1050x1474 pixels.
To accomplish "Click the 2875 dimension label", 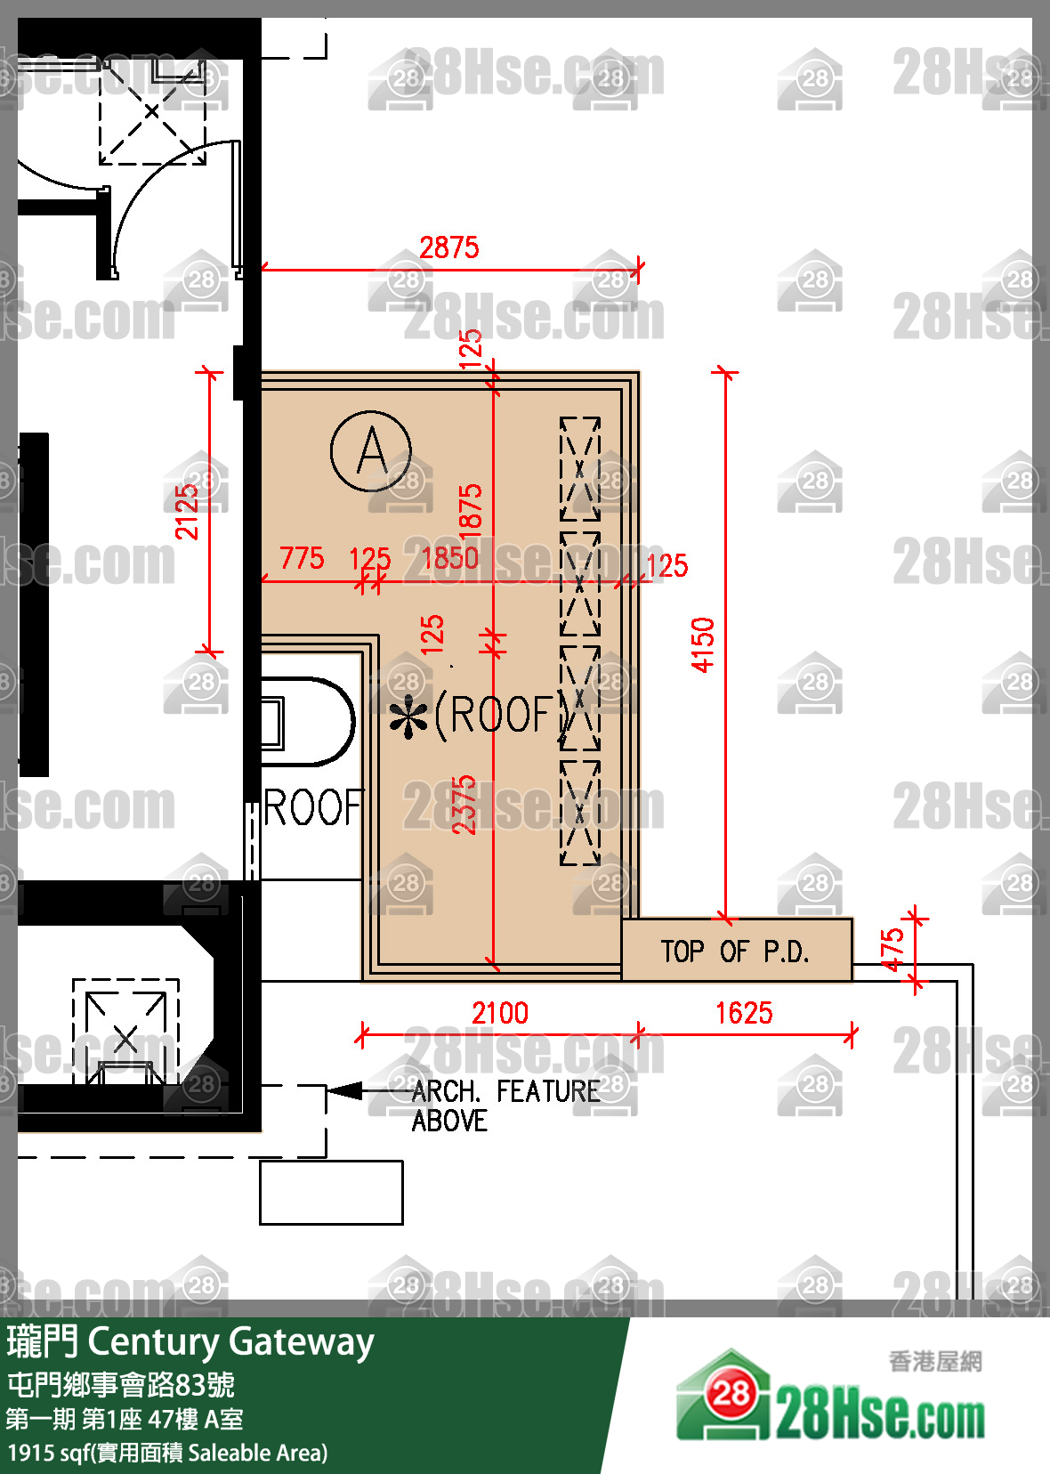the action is click(449, 248).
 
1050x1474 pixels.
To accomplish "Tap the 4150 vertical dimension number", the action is click(703, 644).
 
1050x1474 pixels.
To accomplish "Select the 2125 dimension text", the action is click(186, 512).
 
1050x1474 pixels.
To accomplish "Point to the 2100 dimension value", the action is click(500, 1013).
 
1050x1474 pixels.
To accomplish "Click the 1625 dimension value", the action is click(744, 1013).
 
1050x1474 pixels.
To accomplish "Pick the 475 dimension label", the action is click(892, 951).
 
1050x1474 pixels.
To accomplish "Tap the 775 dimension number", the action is click(302, 558).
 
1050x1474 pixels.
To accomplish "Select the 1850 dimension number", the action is click(450, 558).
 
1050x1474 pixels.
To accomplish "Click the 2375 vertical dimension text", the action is click(464, 805).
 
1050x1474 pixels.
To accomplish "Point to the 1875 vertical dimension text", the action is click(470, 514).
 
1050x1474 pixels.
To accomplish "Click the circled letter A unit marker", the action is click(371, 451).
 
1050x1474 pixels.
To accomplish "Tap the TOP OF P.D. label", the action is click(735, 952).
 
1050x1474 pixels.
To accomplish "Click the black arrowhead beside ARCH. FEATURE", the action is click(344, 1091).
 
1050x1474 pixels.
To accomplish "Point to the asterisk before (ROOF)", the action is click(408, 717).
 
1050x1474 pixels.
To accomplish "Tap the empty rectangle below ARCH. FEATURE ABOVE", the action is click(332, 1193).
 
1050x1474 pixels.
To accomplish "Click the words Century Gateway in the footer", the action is click(231, 1341).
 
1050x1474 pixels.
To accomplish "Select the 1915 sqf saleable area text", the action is click(167, 1453).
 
